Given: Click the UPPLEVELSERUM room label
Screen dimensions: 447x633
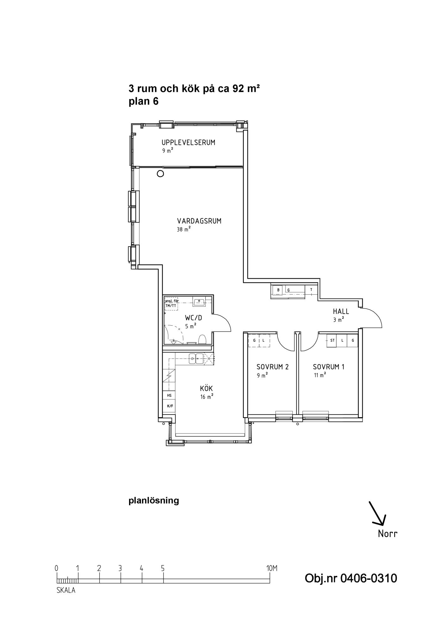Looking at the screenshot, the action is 188,142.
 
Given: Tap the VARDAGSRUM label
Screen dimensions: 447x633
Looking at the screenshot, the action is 199,221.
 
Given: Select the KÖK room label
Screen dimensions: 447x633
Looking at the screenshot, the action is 206,388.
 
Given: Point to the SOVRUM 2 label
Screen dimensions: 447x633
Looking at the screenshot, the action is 272,367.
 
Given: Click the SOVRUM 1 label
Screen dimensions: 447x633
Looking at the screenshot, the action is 329,367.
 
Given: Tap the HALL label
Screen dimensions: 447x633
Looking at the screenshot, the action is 341,311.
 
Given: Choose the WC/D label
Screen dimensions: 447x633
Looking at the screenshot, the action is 193,318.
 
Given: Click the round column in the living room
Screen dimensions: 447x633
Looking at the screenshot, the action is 160,173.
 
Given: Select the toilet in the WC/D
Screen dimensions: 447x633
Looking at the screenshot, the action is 202,340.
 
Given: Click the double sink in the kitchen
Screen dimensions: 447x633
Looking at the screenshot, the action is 196,359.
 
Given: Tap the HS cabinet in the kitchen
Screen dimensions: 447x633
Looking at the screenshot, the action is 169,395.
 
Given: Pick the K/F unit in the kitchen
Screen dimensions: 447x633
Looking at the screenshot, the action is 170,406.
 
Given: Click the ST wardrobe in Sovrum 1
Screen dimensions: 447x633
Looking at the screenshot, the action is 332,341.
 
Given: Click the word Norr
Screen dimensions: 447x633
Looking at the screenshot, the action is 388,534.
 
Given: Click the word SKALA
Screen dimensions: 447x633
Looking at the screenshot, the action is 66,590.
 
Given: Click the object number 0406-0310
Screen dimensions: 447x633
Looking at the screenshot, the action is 368,578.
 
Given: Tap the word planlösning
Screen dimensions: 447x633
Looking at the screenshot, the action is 154,500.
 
